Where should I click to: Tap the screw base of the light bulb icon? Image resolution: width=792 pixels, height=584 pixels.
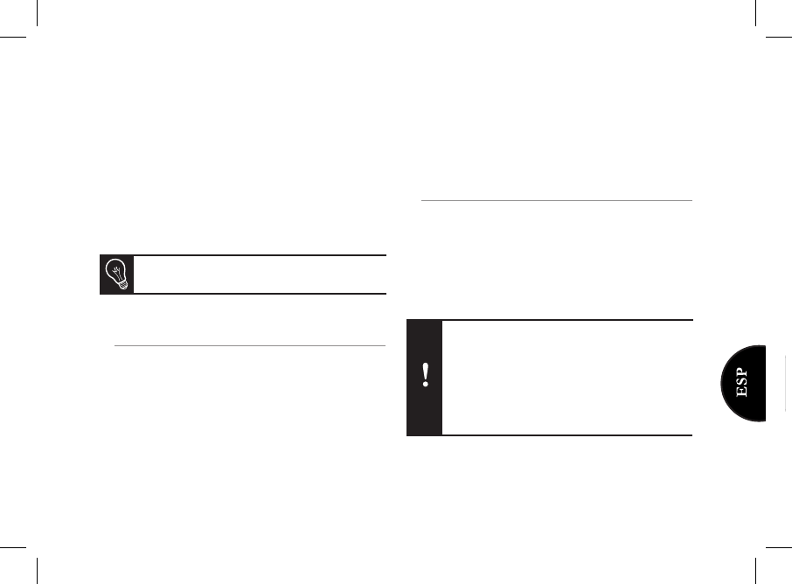tap(123, 285)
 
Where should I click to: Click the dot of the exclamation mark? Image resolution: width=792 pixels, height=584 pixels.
tap(426, 385)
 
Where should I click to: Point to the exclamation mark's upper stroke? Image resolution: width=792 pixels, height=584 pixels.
tap(426, 371)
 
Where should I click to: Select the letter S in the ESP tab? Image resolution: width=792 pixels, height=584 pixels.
tap(741, 382)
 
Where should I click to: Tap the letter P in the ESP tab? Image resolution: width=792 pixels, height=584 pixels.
tap(741, 372)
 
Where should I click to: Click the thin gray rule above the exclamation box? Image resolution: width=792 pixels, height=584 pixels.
tap(557, 200)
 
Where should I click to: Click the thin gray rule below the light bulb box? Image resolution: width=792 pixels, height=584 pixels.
tap(250, 346)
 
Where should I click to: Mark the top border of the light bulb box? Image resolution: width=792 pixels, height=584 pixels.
tap(243, 255)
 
